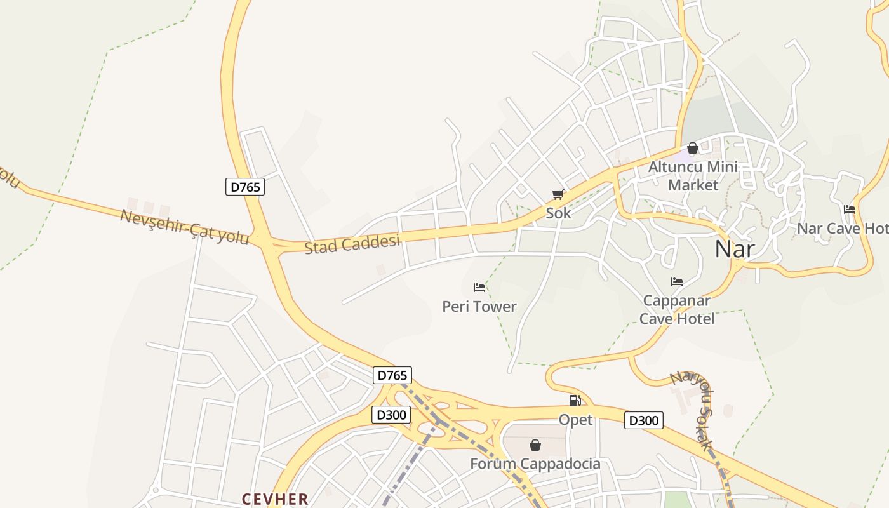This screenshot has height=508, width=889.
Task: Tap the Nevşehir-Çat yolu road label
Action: (x=184, y=226)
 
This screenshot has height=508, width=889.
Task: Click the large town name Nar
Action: (x=735, y=249)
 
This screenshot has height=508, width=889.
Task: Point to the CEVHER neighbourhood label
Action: (x=275, y=499)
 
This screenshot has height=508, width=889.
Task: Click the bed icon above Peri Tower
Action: (x=479, y=288)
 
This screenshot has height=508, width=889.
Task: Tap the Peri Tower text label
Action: (x=479, y=307)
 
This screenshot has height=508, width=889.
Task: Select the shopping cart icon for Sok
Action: (x=558, y=195)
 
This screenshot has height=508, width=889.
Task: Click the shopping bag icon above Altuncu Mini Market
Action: (x=693, y=148)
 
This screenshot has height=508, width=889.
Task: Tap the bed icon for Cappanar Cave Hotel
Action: (x=677, y=282)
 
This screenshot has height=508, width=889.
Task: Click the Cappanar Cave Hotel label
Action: (x=677, y=309)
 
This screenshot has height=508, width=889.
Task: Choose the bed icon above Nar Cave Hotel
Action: (x=850, y=210)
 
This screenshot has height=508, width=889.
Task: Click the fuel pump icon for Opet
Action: (x=575, y=401)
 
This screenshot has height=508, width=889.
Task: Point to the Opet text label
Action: (x=576, y=420)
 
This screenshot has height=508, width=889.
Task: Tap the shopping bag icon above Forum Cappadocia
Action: (x=535, y=445)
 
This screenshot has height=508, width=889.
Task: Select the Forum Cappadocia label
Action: (x=535, y=464)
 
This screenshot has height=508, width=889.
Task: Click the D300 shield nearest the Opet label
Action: (x=644, y=420)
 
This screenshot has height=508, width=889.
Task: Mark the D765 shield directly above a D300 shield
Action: (x=392, y=375)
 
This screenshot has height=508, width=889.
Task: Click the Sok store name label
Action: (x=559, y=213)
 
